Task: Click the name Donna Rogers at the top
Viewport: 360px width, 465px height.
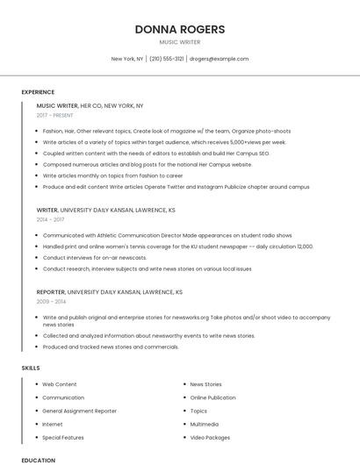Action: click(180, 29)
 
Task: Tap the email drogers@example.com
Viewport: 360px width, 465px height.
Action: click(219, 59)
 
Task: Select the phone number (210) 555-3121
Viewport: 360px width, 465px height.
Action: click(167, 59)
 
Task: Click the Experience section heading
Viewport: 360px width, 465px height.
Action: click(38, 92)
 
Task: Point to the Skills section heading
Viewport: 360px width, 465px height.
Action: click(31, 368)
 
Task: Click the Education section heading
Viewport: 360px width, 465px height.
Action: click(38, 460)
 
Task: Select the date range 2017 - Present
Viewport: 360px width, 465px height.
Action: click(55, 115)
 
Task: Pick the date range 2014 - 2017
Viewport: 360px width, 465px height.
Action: click(51, 220)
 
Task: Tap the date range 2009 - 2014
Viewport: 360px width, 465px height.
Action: click(51, 301)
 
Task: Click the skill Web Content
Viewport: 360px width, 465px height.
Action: click(60, 384)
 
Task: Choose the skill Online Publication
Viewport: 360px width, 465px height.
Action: click(212, 397)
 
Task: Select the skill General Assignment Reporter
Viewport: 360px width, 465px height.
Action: click(79, 411)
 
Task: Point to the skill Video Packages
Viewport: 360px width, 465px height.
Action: click(210, 437)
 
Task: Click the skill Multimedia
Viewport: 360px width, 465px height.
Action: click(204, 424)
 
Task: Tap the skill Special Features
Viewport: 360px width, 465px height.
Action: click(63, 437)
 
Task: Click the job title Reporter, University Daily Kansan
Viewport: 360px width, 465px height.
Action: click(109, 291)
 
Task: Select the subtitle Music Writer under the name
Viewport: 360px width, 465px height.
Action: click(180, 42)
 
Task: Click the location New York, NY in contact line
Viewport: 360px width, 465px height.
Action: click(126, 59)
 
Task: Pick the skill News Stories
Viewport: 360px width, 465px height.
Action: click(205, 384)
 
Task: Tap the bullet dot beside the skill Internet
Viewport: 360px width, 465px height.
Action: click(36, 424)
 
